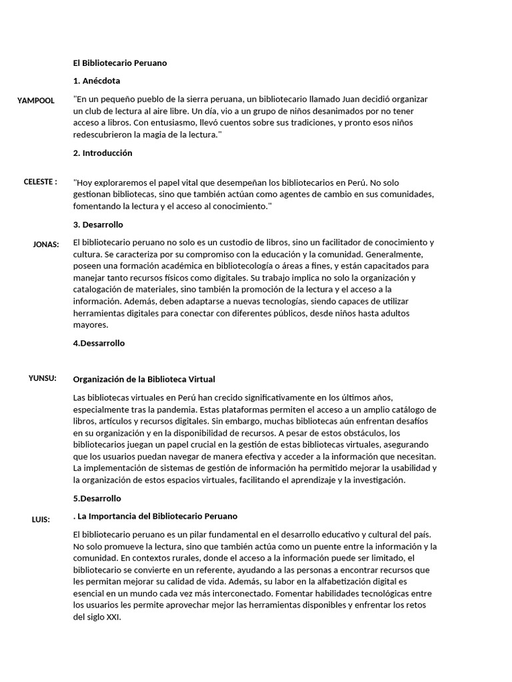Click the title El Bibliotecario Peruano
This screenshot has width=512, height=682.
(120, 63)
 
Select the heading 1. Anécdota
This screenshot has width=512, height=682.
(97, 81)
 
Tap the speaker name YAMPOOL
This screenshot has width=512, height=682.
(36, 101)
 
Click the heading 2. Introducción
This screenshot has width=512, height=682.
(103, 153)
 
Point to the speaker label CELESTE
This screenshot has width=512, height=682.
(40, 182)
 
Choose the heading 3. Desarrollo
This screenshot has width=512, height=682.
(98, 225)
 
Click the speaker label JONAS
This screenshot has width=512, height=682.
(46, 244)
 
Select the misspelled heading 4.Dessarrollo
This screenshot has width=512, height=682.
(99, 344)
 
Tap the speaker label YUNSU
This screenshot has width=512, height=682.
(43, 378)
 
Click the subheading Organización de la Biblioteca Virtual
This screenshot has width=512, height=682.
(144, 380)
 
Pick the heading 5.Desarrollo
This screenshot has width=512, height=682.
(97, 499)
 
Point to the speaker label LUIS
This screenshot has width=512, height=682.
(41, 519)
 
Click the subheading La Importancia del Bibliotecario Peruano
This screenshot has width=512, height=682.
(157, 517)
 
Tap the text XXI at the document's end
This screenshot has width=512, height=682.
(113, 617)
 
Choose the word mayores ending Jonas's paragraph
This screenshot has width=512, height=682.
(90, 326)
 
